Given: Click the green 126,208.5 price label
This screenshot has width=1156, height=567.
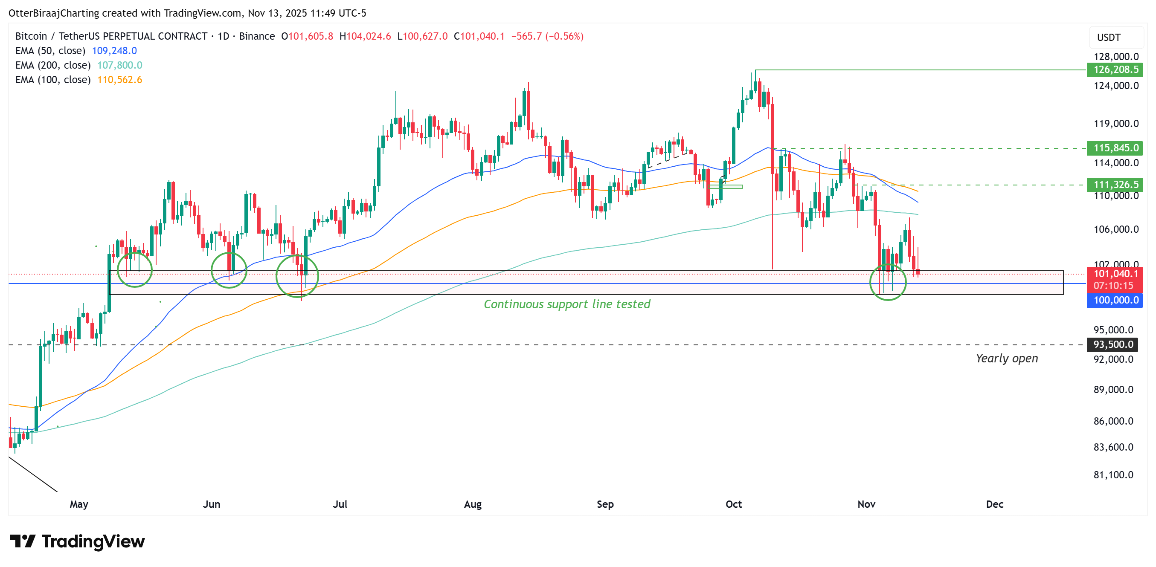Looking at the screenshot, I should [1115, 69].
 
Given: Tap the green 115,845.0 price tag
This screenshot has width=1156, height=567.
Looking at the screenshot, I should [1115, 148].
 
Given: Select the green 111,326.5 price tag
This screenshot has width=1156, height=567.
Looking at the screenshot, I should [1115, 184].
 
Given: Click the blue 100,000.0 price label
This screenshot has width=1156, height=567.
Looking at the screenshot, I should [1115, 300].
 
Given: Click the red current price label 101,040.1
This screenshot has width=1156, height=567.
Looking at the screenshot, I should [1115, 274].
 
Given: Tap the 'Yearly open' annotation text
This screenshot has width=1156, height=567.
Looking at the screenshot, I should [1007, 359].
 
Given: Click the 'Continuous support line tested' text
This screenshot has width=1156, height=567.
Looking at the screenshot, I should [567, 304].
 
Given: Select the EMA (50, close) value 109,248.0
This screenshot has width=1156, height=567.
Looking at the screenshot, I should [114, 51].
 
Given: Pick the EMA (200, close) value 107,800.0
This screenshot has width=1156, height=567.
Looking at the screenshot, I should [119, 65].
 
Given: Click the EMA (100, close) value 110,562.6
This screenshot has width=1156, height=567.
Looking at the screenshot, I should [119, 80].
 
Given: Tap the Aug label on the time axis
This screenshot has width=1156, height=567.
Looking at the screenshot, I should [473, 504].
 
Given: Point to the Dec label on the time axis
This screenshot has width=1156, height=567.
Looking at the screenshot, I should [994, 504].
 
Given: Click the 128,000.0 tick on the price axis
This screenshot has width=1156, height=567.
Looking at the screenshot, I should [1115, 57].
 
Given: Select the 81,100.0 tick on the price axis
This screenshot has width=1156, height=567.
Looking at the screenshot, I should [1113, 474].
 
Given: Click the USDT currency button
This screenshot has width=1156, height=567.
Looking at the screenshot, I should [1109, 38].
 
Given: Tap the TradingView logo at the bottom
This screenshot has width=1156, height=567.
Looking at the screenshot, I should [77, 541].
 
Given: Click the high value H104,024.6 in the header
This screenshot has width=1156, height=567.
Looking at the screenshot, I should [365, 36].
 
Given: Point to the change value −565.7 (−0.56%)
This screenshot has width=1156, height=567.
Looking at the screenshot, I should [547, 36].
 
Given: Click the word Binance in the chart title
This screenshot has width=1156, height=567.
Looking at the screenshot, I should [257, 36].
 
